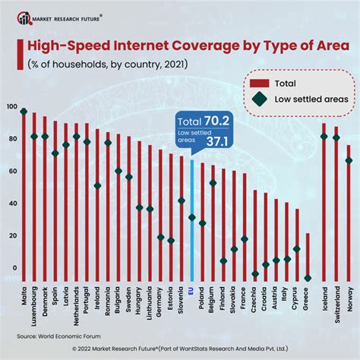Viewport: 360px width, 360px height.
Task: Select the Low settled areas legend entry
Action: [302, 99]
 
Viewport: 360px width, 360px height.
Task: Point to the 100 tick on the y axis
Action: [10, 107]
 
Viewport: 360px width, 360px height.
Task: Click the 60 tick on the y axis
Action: [11, 172]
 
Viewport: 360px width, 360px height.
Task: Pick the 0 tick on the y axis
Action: [13, 268]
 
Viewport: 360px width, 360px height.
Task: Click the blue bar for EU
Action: [191, 220]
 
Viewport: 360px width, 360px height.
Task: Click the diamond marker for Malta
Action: [24, 112]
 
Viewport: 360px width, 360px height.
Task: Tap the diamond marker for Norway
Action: [349, 160]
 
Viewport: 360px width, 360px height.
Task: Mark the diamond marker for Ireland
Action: [97, 185]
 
